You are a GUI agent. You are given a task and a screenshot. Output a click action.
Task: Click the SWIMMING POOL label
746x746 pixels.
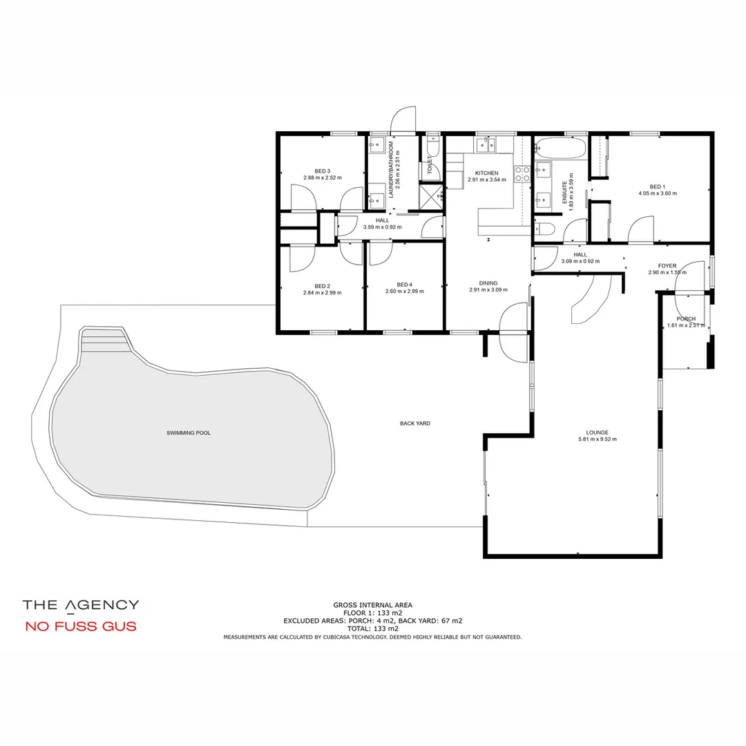(x=189, y=433)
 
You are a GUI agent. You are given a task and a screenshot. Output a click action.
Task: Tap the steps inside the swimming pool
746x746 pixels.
(x=105, y=339)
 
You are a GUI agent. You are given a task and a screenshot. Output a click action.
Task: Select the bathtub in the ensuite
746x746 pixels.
(x=561, y=148)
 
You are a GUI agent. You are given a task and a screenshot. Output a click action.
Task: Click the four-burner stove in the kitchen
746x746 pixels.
(x=522, y=174)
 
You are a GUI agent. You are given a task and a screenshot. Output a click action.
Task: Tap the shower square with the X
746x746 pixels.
(x=432, y=195)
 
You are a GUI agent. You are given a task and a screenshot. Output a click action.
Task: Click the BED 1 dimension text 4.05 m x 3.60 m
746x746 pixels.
(x=657, y=193)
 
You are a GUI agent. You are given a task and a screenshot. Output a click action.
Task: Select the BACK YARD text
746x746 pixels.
(x=414, y=423)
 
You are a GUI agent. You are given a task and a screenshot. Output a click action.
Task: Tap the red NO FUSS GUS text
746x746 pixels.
(x=81, y=627)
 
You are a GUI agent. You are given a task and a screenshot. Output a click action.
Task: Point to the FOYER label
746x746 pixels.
(x=667, y=266)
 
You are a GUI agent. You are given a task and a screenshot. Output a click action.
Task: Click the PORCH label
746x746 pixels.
(x=686, y=319)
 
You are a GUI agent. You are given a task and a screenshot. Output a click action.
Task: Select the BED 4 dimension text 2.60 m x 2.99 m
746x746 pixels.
(x=404, y=291)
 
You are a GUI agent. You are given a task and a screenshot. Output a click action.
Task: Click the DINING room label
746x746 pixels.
(x=488, y=283)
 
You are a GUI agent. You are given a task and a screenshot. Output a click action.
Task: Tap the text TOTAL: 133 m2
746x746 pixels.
(x=373, y=629)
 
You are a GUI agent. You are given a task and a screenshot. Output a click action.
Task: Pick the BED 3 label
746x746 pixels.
(x=322, y=171)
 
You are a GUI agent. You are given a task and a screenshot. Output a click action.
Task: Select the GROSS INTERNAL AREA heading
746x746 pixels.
(x=373, y=604)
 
